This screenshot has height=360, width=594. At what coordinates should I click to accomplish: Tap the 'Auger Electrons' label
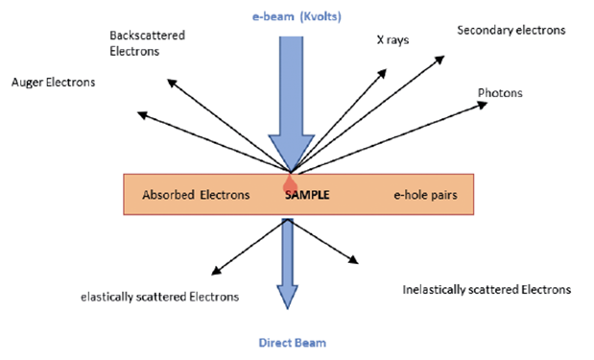53,83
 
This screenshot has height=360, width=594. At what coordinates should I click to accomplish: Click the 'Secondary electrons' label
511,30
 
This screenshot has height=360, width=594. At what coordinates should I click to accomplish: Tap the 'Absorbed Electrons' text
196,195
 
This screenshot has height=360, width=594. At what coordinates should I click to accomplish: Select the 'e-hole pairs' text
422,195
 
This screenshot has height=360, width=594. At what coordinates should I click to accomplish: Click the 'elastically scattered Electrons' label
159,297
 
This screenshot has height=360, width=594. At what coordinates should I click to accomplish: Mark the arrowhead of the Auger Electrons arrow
141,114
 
